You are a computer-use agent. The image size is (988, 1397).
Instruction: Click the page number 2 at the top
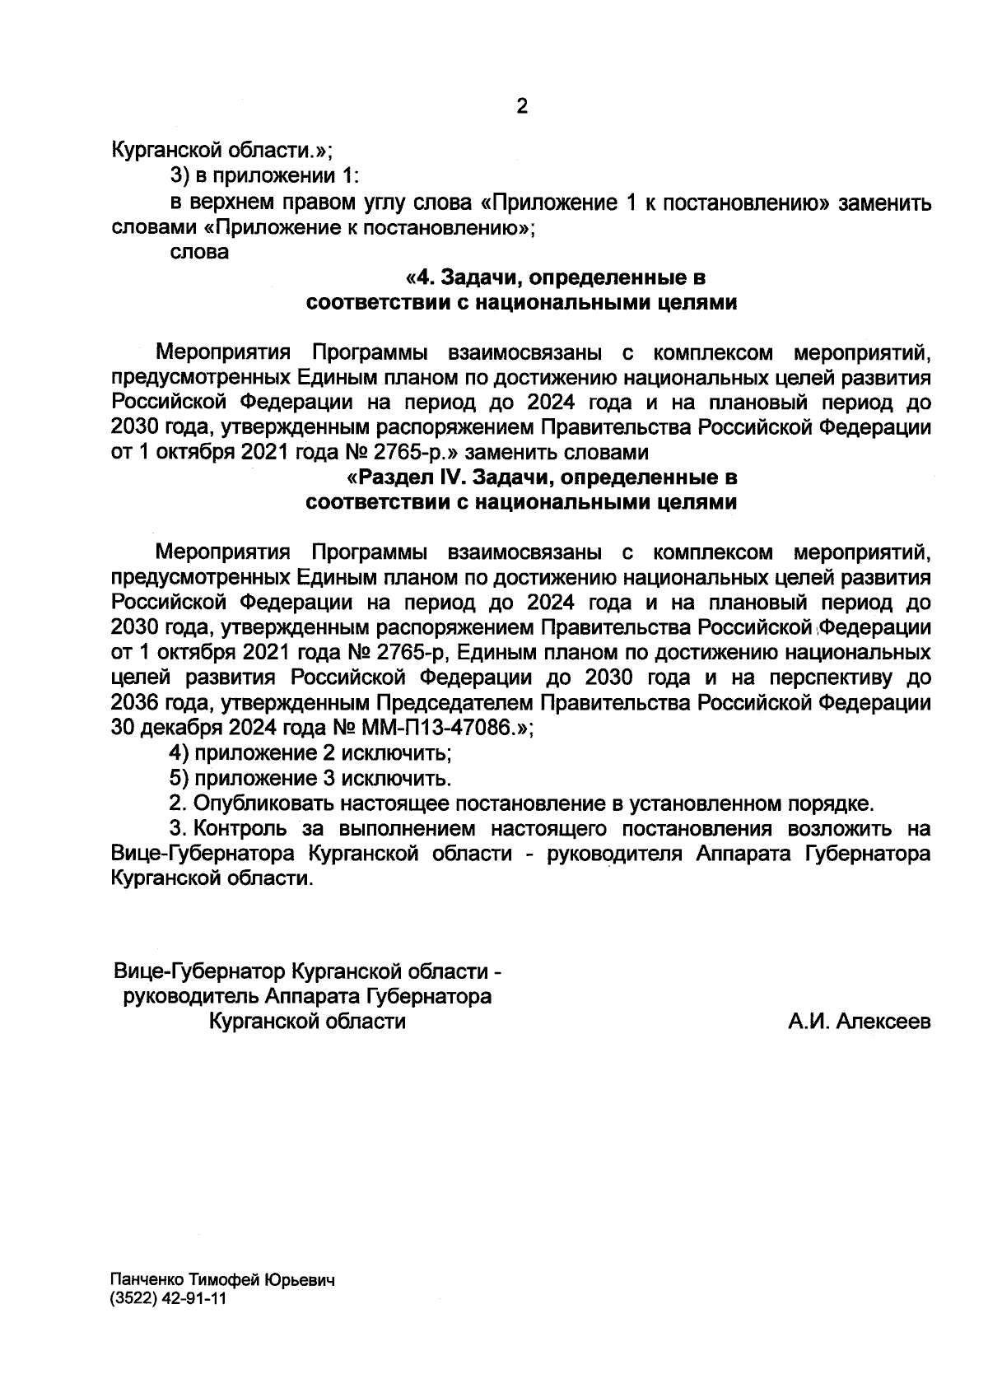coord(520,108)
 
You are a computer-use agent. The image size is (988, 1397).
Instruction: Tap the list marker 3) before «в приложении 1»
coord(180,177)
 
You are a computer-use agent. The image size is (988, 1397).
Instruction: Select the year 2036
coord(133,704)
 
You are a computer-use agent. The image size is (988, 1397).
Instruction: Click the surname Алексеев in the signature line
coord(883,1022)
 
